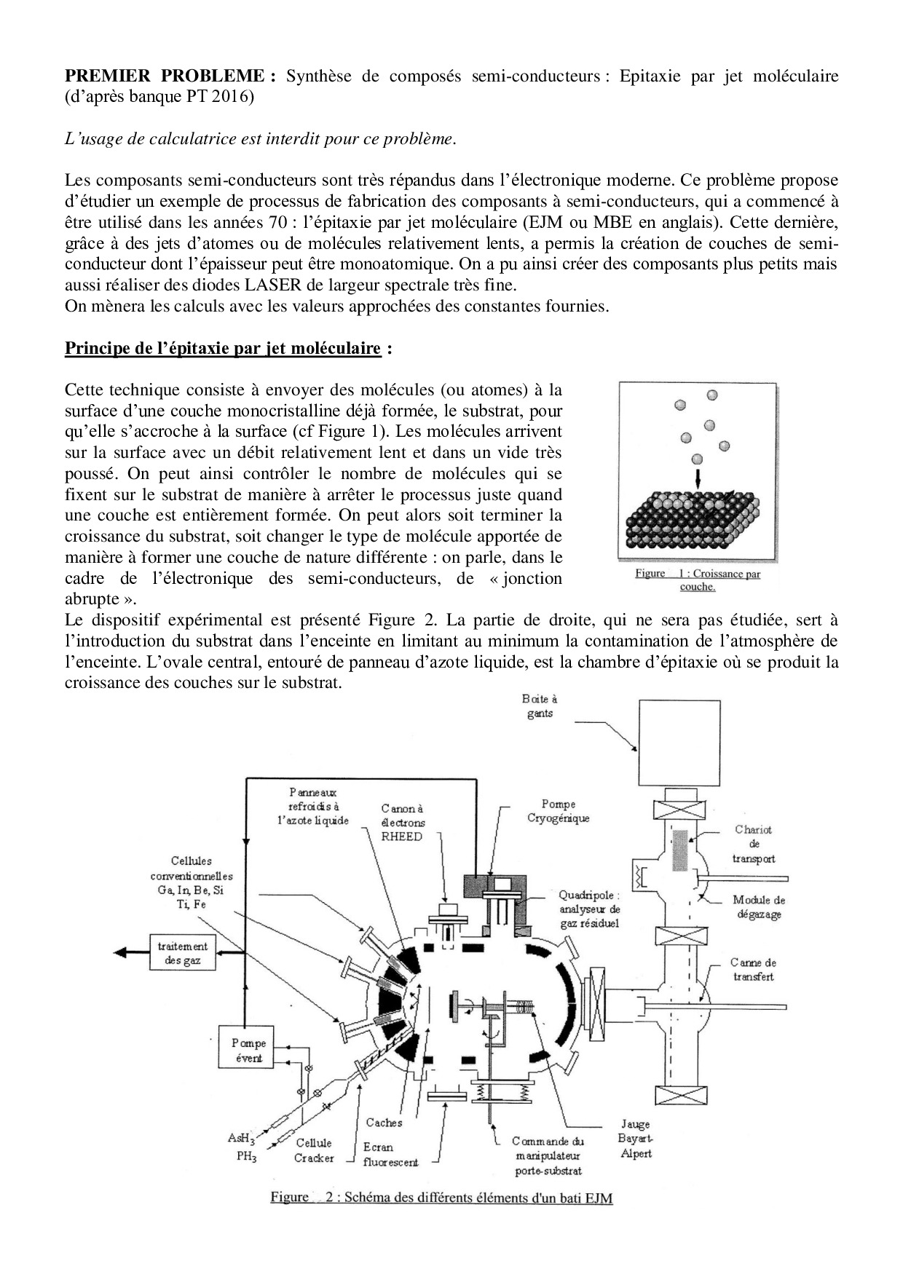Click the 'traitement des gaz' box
click(x=183, y=953)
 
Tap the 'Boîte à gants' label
click(x=540, y=706)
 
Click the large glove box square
click(x=679, y=744)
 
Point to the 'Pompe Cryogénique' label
click(x=559, y=811)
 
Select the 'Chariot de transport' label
click(x=754, y=844)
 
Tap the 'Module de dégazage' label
click(x=759, y=907)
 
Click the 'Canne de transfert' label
click(x=753, y=970)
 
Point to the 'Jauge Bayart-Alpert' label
click(x=634, y=1139)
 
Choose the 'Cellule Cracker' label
click(x=314, y=1150)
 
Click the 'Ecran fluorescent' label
click(x=390, y=1155)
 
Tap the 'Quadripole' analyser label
click(x=590, y=909)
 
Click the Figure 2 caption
click(x=441, y=1198)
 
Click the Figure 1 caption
click(x=698, y=580)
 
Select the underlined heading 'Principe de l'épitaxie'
click(x=223, y=348)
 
